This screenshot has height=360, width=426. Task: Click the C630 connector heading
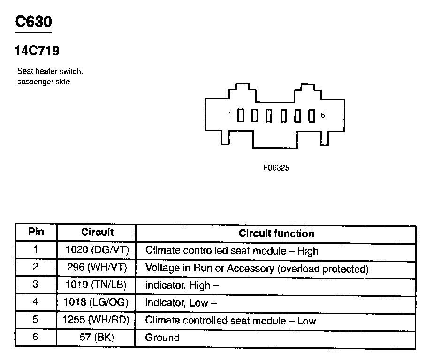click(x=33, y=22)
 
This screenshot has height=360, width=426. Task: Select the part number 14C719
click(x=38, y=51)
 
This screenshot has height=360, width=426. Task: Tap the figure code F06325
click(x=276, y=167)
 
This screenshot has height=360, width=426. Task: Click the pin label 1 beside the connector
click(x=230, y=115)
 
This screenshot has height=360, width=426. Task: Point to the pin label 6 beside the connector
click(x=322, y=115)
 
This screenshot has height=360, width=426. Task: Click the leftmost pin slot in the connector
click(x=240, y=115)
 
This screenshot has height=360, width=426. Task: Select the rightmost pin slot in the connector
click(x=311, y=115)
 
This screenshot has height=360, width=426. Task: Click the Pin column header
click(x=36, y=232)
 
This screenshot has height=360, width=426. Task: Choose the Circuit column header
click(x=97, y=232)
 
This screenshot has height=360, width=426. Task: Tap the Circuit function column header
click(x=276, y=233)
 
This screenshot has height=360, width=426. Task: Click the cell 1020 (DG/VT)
click(x=97, y=250)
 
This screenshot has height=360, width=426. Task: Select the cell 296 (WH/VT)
click(x=98, y=268)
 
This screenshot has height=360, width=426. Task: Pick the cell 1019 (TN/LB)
click(x=97, y=285)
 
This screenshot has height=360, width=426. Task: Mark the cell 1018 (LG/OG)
click(x=97, y=302)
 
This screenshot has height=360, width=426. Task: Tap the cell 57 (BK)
click(x=97, y=337)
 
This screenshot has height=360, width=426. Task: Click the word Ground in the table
click(x=162, y=337)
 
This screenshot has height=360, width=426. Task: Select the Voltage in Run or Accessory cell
click(x=257, y=269)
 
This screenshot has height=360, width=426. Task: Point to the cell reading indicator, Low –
click(x=181, y=303)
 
